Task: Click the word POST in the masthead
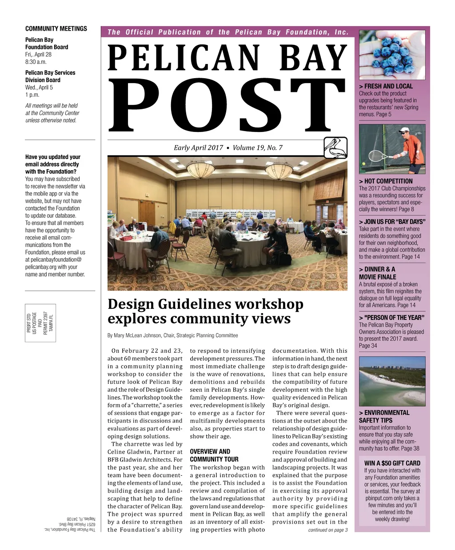point(227,107)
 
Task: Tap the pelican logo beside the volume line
point(335,148)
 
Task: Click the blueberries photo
point(392,55)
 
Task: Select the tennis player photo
point(392,149)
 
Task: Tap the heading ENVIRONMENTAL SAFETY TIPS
point(384,416)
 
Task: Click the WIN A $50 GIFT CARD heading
point(392,463)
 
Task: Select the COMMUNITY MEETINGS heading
point(56,28)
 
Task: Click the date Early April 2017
point(198,148)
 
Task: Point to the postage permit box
point(40,322)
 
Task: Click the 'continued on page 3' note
point(328,530)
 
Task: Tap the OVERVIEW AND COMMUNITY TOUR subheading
point(214,455)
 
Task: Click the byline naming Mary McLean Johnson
point(172,335)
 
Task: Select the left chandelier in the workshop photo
point(201,169)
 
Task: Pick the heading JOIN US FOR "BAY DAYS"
point(392,222)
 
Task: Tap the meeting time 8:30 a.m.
point(36,62)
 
